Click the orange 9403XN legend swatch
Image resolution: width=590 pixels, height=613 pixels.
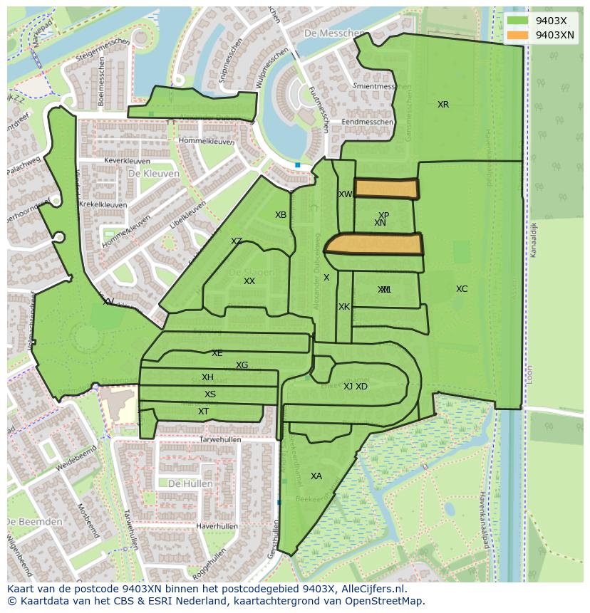pos(518,35)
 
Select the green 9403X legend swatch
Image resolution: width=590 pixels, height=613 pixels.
pos(518,20)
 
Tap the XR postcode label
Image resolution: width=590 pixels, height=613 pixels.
pos(443,105)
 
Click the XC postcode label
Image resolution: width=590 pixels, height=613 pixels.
pos(462,289)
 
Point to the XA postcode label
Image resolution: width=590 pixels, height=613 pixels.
pos(316,476)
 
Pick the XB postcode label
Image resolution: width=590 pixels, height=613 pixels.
pos(281,215)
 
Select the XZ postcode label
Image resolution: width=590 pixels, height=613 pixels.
pos(237,241)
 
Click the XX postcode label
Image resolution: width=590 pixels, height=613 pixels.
pos(249,281)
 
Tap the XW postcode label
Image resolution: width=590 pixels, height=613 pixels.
pos(346,194)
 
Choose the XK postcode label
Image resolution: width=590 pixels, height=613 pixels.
pos(344,307)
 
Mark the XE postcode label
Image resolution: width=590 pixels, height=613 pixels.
pos(217,353)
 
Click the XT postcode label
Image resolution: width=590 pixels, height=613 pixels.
pos(204,412)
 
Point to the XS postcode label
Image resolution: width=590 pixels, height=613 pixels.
pos(210,394)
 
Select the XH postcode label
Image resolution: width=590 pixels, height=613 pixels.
pos(207,377)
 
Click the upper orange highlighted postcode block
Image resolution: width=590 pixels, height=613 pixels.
pos(386,188)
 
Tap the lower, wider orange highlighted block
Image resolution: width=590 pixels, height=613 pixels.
pos(374,244)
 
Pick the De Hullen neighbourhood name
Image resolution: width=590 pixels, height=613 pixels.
pos(190,483)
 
